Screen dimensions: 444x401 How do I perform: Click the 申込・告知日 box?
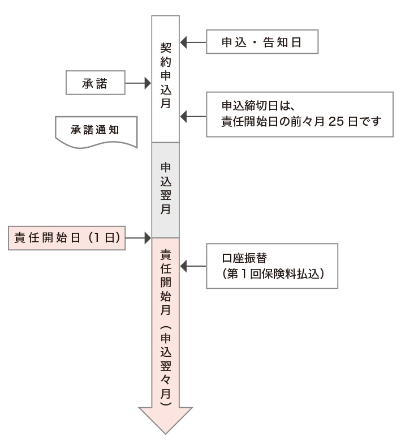click(262, 42)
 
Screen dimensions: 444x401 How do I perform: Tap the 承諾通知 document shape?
click(96, 130)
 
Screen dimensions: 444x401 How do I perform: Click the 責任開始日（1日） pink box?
click(67, 238)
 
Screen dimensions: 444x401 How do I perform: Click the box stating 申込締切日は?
click(299, 113)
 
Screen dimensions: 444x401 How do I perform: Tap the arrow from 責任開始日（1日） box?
click(138, 238)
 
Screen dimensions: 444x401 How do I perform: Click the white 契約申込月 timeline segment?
click(166, 79)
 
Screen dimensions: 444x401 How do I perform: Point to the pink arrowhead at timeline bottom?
click(166, 419)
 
